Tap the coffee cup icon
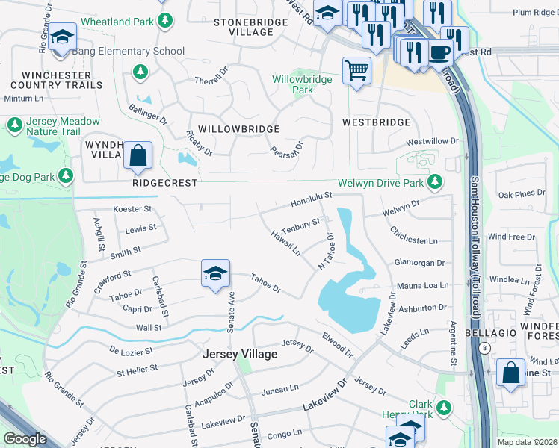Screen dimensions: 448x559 440,53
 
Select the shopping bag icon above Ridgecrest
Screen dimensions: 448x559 138,155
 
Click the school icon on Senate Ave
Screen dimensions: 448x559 214,273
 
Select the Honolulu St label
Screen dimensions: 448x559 311,199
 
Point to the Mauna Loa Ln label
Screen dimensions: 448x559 422,285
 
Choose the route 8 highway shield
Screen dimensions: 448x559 485,348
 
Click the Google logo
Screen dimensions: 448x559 25,438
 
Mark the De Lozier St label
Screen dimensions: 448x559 131,349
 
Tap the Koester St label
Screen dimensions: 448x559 132,210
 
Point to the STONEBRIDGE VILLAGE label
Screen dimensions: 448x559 244,28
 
